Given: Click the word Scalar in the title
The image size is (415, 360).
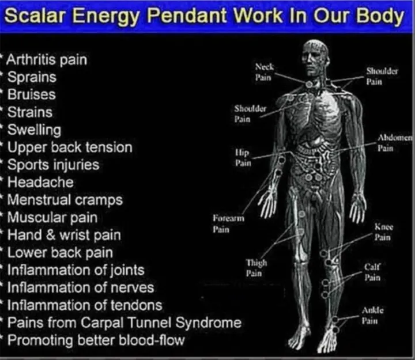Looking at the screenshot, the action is click(x=35, y=16).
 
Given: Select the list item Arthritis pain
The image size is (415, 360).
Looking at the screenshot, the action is click(x=47, y=60).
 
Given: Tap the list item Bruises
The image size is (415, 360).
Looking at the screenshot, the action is click(x=32, y=94).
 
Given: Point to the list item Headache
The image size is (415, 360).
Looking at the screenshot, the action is click(x=40, y=182).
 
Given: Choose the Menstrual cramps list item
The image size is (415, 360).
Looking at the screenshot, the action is click(x=65, y=200).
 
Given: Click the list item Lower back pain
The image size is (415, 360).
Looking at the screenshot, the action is click(x=60, y=253).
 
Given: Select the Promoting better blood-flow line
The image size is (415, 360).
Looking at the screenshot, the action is click(x=96, y=340).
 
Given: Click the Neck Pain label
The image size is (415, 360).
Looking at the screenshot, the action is click(x=264, y=72).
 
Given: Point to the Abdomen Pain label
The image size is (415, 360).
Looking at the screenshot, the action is click(x=394, y=143).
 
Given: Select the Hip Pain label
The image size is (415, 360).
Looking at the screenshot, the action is click(x=243, y=158).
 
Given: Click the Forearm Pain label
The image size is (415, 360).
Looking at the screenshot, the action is click(x=228, y=224).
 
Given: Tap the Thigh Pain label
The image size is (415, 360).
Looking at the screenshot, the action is click(x=256, y=268).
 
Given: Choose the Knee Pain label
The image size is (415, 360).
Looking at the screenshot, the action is click(x=383, y=232).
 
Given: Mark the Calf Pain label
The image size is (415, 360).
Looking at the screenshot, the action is click(x=372, y=272).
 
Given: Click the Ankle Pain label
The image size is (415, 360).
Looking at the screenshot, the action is click(x=372, y=315).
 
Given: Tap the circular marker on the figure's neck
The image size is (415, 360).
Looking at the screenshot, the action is click(x=309, y=85).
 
